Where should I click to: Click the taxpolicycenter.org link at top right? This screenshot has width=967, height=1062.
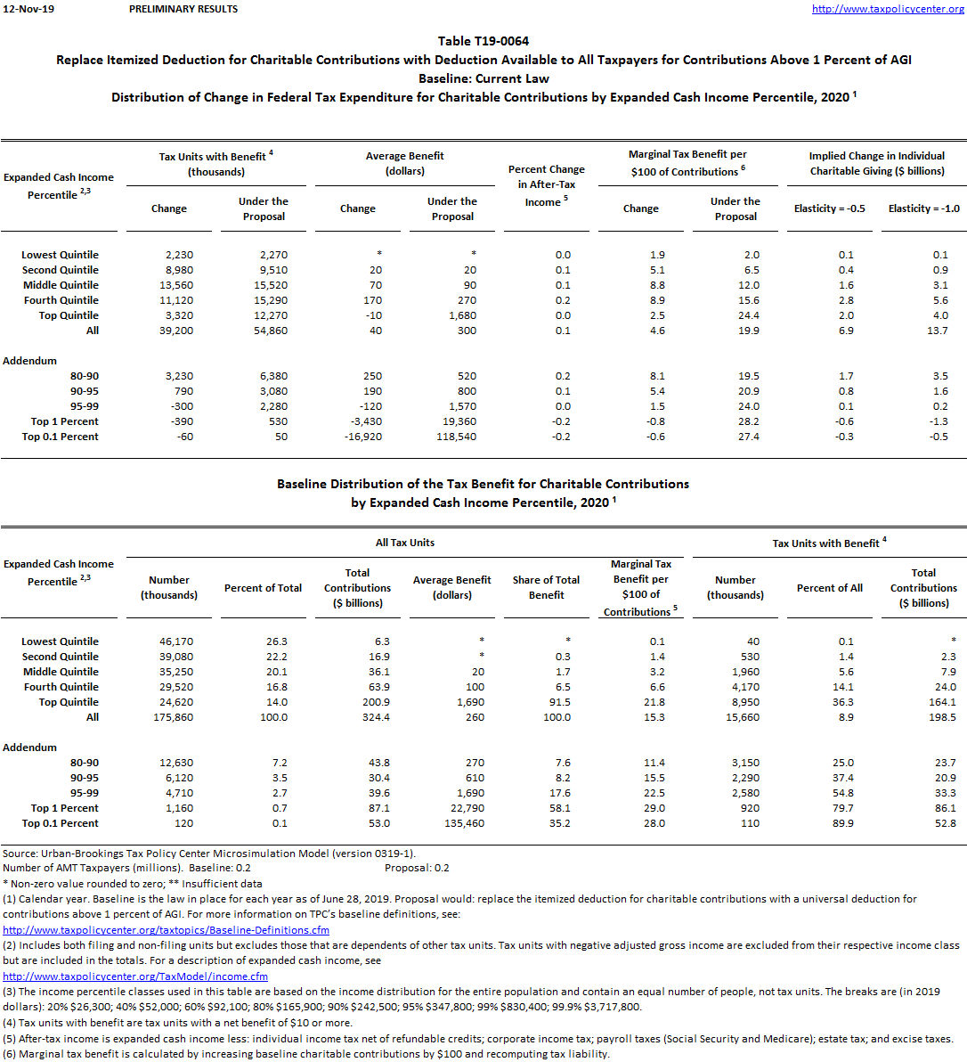pyautogui.click(x=888, y=9)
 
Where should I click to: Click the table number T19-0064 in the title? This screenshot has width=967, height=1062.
pyautogui.click(x=483, y=41)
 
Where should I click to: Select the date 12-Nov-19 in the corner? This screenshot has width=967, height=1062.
pyautogui.click(x=28, y=9)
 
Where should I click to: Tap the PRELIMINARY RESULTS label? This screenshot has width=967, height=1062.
pyautogui.click(x=183, y=9)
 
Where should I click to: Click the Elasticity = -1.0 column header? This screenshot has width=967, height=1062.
pyautogui.click(x=923, y=208)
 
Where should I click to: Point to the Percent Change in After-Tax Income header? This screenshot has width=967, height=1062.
pyautogui.click(x=546, y=185)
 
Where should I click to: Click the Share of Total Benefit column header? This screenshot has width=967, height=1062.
pyautogui.click(x=546, y=587)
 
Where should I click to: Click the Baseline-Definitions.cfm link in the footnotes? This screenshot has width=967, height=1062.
pyautogui.click(x=166, y=930)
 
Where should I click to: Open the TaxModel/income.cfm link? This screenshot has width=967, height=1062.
pyautogui.click(x=135, y=976)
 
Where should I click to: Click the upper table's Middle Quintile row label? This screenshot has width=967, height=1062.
pyautogui.click(x=61, y=285)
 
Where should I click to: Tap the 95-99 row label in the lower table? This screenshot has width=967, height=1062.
pyautogui.click(x=85, y=793)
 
